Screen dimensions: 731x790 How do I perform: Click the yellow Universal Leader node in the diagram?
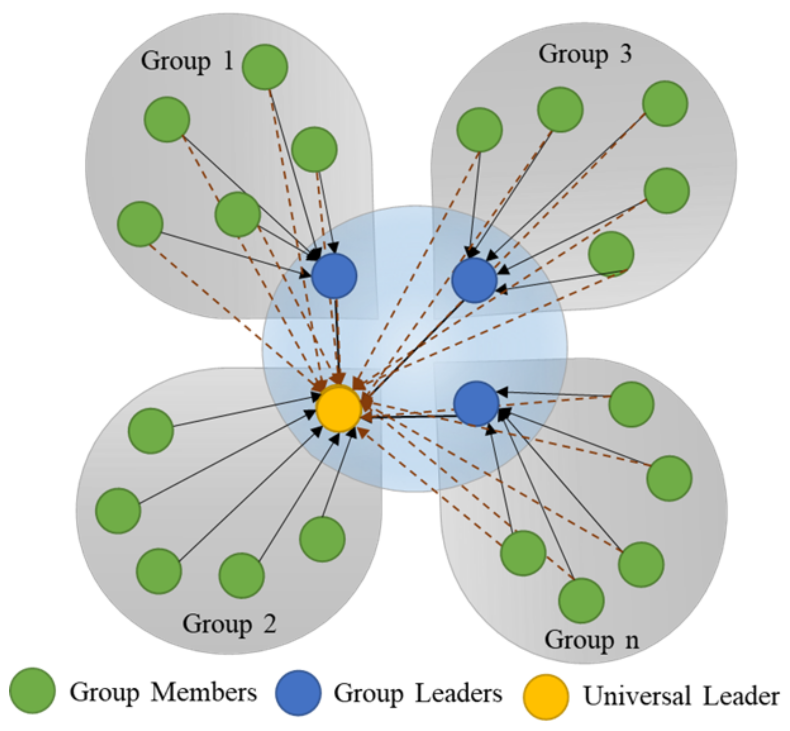point(339,408)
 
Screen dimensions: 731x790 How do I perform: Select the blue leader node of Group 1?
point(334,276)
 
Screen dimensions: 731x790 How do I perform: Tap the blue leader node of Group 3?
point(474,280)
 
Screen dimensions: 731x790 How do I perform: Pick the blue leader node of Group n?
point(476,403)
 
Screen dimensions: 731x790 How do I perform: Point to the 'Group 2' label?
point(229,624)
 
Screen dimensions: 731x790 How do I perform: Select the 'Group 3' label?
point(585,54)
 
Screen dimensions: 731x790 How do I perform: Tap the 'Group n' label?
point(591,640)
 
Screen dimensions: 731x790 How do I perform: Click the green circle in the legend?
point(33,691)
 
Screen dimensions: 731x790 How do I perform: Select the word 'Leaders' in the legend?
point(459,693)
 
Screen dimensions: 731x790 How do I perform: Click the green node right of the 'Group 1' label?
point(265,67)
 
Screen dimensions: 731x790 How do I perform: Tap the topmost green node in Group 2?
point(151,431)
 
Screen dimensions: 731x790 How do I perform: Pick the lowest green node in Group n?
point(581,600)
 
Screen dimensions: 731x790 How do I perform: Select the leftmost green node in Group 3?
point(479,130)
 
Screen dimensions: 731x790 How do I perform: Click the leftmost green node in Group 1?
point(140,224)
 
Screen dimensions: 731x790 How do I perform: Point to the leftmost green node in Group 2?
point(118,511)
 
